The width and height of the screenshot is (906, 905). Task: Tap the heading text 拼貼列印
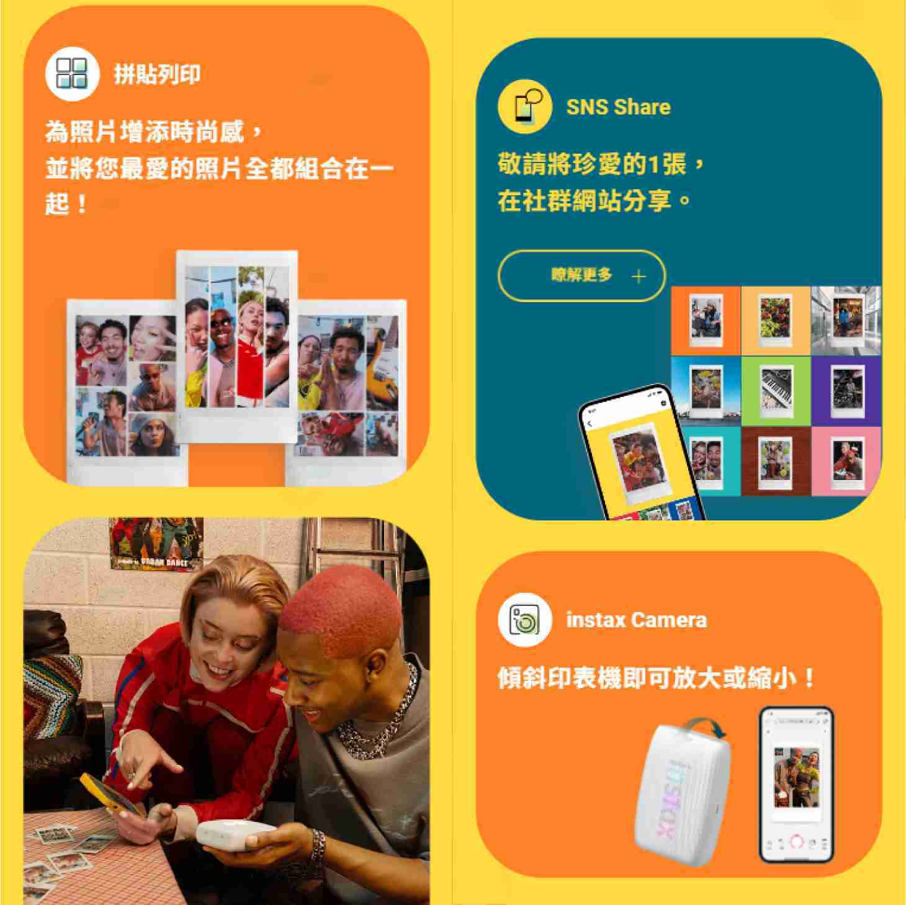[x=157, y=74]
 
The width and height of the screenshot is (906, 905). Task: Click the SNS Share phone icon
[x=524, y=106]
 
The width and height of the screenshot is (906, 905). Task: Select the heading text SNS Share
[x=618, y=107]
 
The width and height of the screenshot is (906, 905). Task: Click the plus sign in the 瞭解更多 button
[x=639, y=276]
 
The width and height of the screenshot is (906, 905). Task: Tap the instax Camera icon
[x=524, y=620]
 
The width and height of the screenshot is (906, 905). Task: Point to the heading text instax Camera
[x=636, y=620]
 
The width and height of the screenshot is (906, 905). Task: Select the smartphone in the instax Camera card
[x=797, y=785]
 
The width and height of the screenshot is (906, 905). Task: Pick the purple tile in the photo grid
[x=846, y=391]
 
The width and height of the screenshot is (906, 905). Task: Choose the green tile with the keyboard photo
[x=776, y=391]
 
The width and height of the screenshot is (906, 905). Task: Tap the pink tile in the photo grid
[x=846, y=461]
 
